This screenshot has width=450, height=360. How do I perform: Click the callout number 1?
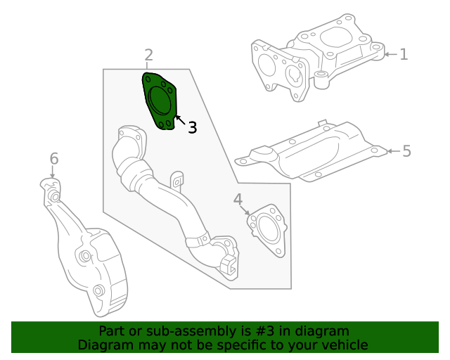(404, 53)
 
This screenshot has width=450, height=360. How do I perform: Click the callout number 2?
(148, 55)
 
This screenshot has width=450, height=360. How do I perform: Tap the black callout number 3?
(191, 127)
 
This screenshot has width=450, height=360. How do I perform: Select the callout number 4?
(238, 199)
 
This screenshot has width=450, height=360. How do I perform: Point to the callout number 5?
(406, 150)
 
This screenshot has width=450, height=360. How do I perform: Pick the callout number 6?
(53, 159)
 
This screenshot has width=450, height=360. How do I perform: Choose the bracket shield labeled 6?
(88, 260)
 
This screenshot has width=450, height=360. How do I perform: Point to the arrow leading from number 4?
(245, 210)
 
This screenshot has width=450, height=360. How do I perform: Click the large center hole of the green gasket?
(161, 101)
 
